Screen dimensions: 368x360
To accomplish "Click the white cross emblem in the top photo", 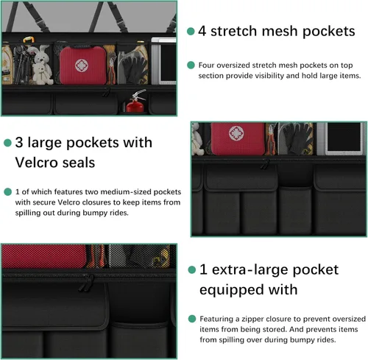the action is pyautogui.click(x=80, y=66).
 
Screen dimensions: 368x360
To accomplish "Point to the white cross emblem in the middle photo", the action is pyautogui.click(x=236, y=133).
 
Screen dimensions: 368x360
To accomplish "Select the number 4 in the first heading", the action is pyautogui.click(x=202, y=31).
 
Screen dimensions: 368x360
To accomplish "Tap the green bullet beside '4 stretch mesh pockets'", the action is pyautogui.click(x=191, y=31).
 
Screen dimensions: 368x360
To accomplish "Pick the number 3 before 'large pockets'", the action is pyautogui.click(x=19, y=142).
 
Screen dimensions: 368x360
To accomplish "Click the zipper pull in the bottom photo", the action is pyautogui.click(x=85, y=283).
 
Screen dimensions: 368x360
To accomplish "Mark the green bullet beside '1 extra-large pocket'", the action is pyautogui.click(x=192, y=269).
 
